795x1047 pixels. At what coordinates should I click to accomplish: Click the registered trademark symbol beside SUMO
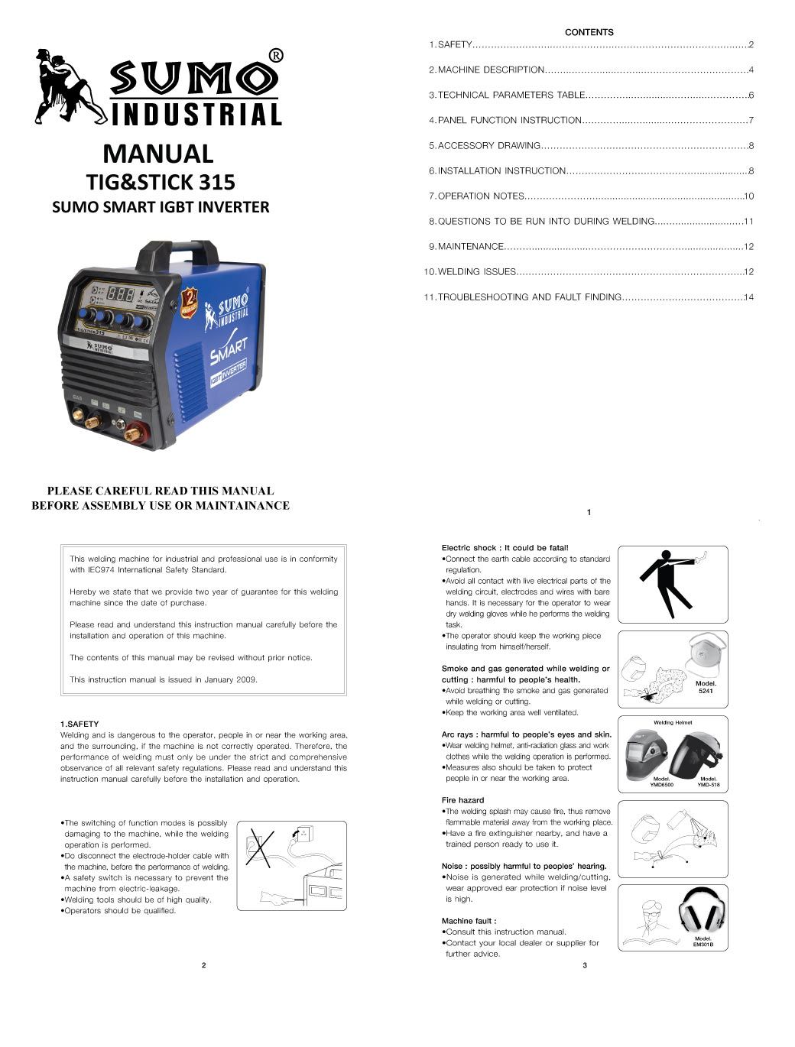276,55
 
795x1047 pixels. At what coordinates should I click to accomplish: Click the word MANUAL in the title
157,154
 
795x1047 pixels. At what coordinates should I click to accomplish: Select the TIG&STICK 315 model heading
159,183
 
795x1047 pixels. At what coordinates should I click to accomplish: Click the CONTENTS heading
589,32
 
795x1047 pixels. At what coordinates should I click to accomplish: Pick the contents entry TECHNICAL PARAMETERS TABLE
511,95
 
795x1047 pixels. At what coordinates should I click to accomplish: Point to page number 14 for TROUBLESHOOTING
748,297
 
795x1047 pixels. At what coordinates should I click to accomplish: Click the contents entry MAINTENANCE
470,246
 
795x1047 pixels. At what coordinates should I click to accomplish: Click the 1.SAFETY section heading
79,724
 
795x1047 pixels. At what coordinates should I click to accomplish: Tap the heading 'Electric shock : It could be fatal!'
505,547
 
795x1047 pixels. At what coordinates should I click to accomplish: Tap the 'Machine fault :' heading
469,921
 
